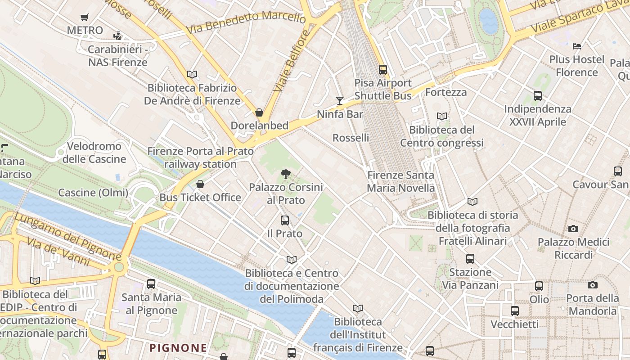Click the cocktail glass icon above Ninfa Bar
pyautogui.click(x=340, y=100)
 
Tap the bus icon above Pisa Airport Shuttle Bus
pyautogui.click(x=383, y=70)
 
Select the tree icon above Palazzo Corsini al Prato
pyautogui.click(x=285, y=174)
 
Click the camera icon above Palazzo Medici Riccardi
pyautogui.click(x=573, y=229)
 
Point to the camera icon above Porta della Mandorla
pyautogui.click(x=593, y=285)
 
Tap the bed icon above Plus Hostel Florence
pyautogui.click(x=577, y=46)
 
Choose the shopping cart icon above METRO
pyautogui.click(x=84, y=18)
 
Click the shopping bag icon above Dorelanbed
pyautogui.click(x=259, y=112)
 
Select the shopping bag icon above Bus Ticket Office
pyautogui.click(x=200, y=184)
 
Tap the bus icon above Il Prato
pyautogui.click(x=285, y=220)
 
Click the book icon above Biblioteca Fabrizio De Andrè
pyautogui.click(x=192, y=74)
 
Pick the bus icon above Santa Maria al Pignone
pyautogui.click(x=151, y=284)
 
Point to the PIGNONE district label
pyautogui.click(x=178, y=348)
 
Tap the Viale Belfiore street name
pyautogui.click(x=292, y=60)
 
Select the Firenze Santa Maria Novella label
pyautogui.click(x=401, y=181)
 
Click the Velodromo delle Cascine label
pyautogui.click(x=94, y=153)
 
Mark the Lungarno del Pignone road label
pyautogui.click(x=67, y=236)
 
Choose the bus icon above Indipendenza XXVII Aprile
pyautogui.click(x=538, y=95)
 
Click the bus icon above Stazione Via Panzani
pyautogui.click(x=470, y=259)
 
